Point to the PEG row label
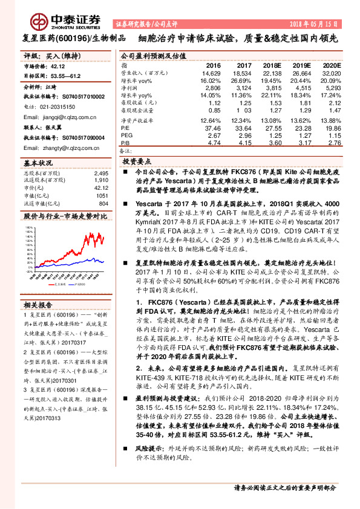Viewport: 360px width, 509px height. tap(126, 135)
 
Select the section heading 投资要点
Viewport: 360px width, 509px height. tap(137, 163)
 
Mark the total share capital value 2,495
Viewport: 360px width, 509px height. tap(100, 173)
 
